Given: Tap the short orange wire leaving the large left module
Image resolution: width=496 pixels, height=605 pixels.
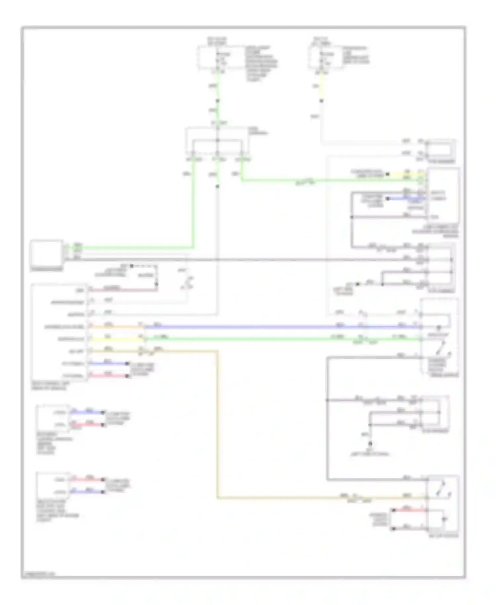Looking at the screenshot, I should pos(116,327).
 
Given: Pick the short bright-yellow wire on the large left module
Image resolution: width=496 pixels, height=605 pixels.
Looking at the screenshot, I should pos(116,339).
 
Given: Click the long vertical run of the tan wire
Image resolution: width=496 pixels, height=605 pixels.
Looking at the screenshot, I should pos(217,424).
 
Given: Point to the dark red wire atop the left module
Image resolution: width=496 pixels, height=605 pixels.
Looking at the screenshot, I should pos(122,291).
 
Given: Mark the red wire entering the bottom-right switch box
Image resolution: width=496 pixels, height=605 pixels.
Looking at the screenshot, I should pos(408,510).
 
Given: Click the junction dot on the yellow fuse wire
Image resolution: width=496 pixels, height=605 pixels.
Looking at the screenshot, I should pos(321,101).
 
